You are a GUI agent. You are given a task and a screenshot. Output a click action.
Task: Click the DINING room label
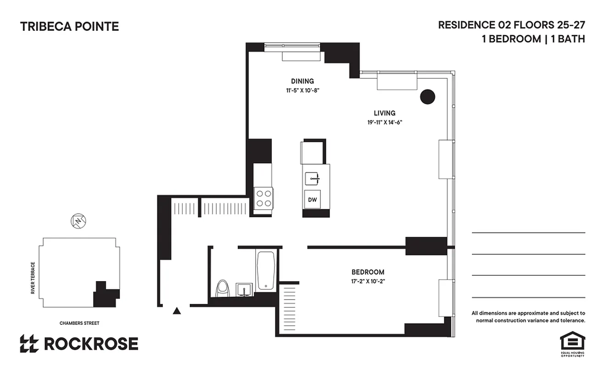[302, 81]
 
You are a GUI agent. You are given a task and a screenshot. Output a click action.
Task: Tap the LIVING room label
[384, 113]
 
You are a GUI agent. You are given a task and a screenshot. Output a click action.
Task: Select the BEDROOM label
[368, 272]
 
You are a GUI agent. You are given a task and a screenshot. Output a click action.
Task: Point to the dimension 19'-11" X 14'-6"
[384, 122]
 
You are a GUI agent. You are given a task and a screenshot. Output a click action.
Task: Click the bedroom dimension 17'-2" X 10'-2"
[368, 281]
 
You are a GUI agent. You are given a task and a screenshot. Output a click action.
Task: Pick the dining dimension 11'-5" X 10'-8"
[302, 90]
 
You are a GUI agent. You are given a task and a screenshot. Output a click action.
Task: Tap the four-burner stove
[263, 198]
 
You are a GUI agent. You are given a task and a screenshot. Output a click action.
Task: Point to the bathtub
[266, 270]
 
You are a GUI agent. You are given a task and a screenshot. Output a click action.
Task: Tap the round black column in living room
[427, 96]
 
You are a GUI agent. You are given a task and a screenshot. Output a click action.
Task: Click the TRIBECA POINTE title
[69, 27]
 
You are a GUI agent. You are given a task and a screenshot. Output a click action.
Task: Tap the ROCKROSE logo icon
[29, 344]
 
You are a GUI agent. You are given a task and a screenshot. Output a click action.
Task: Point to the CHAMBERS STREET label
[79, 323]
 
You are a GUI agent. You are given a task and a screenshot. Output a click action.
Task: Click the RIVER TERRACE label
[33, 278]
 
